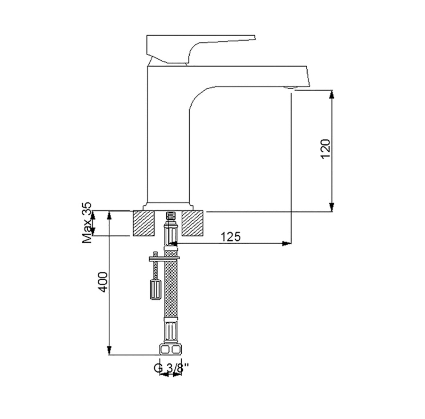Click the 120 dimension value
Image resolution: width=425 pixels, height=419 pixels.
pos(325,149)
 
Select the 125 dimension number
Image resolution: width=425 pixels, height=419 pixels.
pos(231,237)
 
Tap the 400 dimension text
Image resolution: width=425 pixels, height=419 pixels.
pos(103,282)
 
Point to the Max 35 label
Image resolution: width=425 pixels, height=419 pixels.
pos(87,223)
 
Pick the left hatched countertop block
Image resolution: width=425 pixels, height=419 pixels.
pos(143,223)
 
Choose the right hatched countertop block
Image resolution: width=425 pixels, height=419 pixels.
pos(193,223)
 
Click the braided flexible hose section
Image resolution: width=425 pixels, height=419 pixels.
pos(171,285)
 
